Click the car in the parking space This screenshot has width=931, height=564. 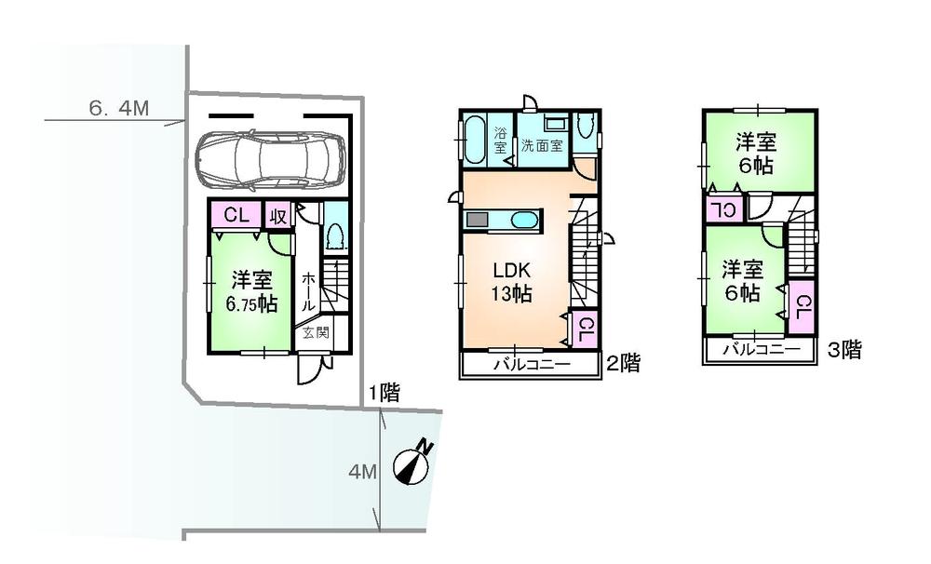click(270, 158)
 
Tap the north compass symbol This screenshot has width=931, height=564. click(412, 463)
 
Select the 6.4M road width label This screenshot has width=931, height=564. click(118, 108)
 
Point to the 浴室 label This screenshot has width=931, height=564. click(500, 140)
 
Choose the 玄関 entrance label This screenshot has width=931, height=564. click(316, 332)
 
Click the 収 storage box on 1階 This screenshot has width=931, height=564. click(278, 216)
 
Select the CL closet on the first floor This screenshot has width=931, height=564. click(236, 215)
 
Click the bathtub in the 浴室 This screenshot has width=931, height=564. click(475, 140)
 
